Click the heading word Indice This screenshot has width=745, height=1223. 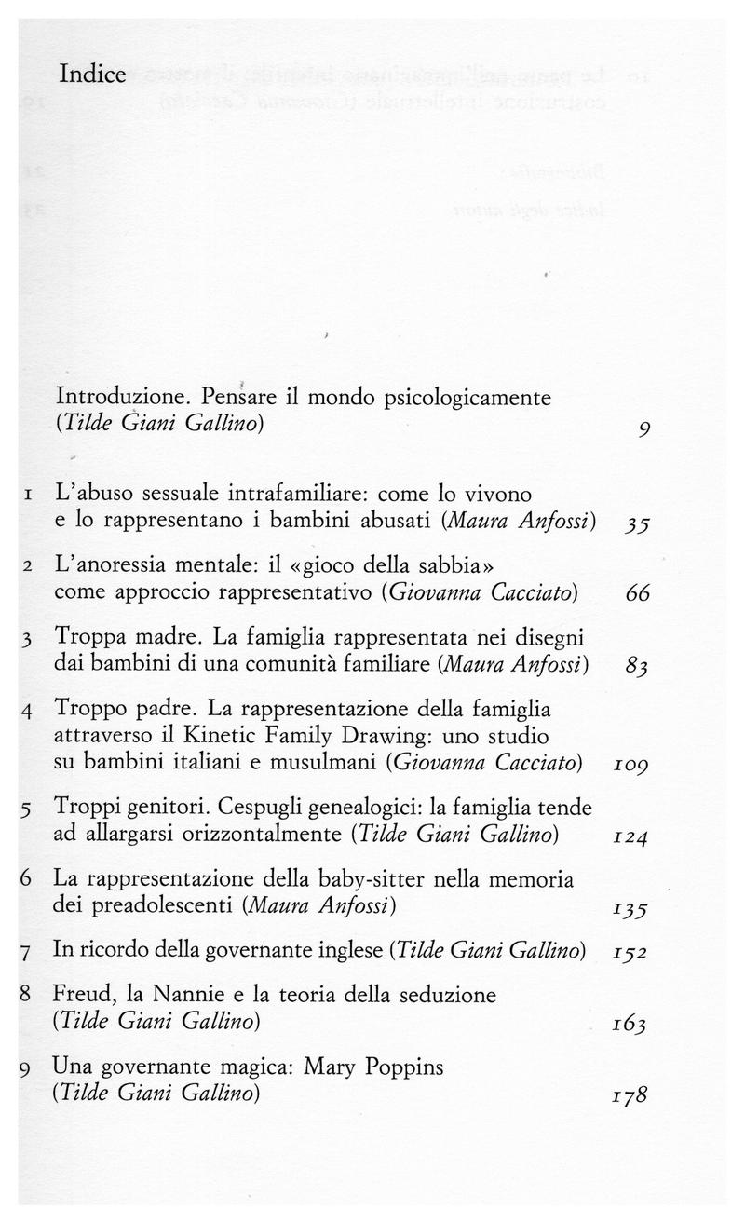tap(92, 74)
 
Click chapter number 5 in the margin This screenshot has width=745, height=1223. tap(25, 809)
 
